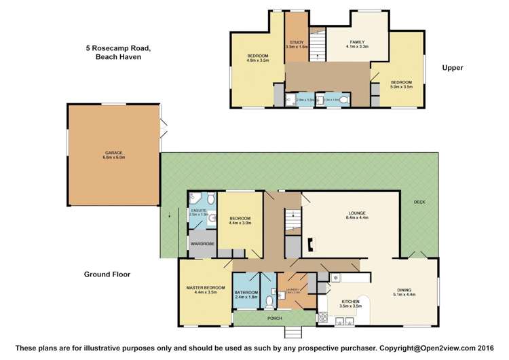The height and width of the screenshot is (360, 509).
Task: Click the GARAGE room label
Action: (113, 153)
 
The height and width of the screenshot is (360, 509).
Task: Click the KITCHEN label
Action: (350, 300)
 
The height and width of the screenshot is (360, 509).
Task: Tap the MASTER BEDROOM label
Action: (205, 287)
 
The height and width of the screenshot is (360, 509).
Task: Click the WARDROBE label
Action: (202, 242)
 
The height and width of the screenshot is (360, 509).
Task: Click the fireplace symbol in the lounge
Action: (312, 243)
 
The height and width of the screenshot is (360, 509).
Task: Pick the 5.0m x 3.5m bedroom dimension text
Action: (401, 87)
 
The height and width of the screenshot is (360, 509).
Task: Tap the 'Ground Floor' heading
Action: (107, 274)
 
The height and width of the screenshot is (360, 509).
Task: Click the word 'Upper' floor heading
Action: (452, 67)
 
